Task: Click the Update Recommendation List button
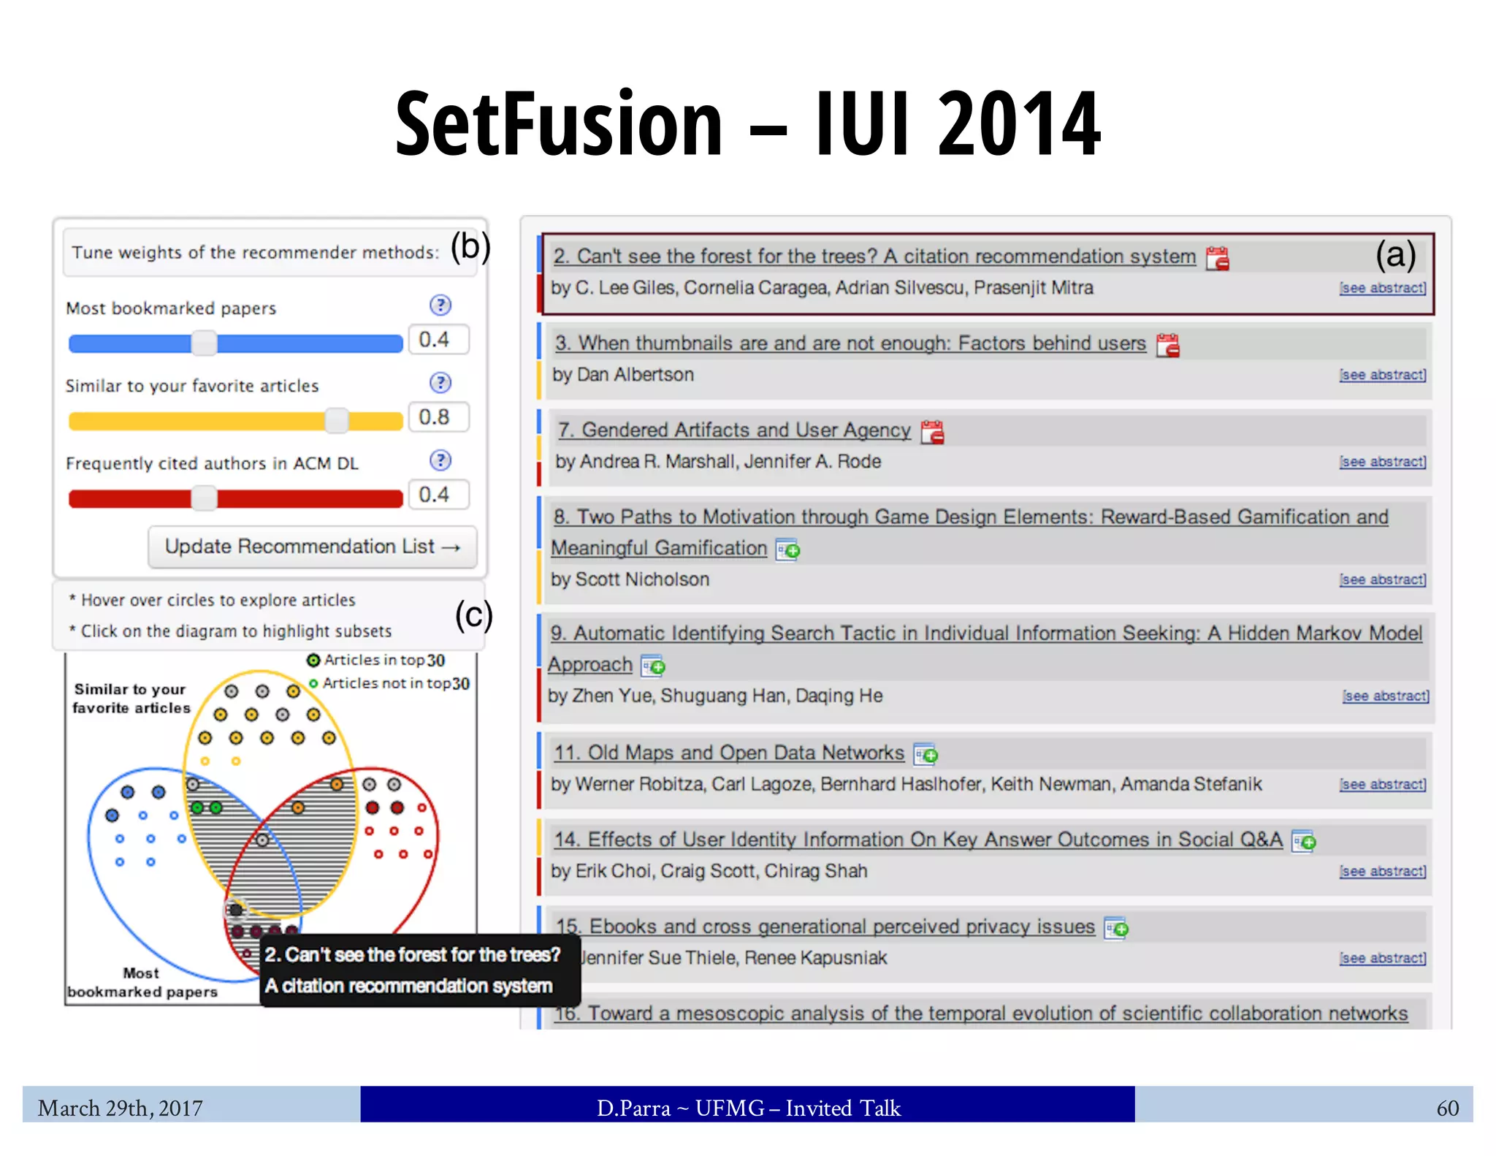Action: tap(312, 547)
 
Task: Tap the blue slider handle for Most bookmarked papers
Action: tap(204, 343)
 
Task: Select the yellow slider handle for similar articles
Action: tap(337, 420)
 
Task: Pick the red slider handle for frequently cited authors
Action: tap(204, 498)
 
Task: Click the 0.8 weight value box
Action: tap(438, 417)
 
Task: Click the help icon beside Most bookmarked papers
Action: tap(440, 305)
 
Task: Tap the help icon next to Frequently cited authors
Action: tap(440, 460)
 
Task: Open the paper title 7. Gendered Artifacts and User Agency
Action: tap(734, 430)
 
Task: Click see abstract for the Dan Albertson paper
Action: tap(1382, 375)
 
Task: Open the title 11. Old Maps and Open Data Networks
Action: tap(728, 753)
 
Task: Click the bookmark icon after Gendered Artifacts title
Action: tap(932, 432)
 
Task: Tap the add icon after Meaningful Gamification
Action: tap(787, 549)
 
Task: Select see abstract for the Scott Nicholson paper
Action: tap(1382, 579)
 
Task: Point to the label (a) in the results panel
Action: tap(1395, 255)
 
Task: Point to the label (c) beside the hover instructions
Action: tap(473, 615)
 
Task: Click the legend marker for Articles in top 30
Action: tap(313, 661)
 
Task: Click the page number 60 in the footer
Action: tap(1447, 1108)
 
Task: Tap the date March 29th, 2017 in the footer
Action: tap(121, 1108)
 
